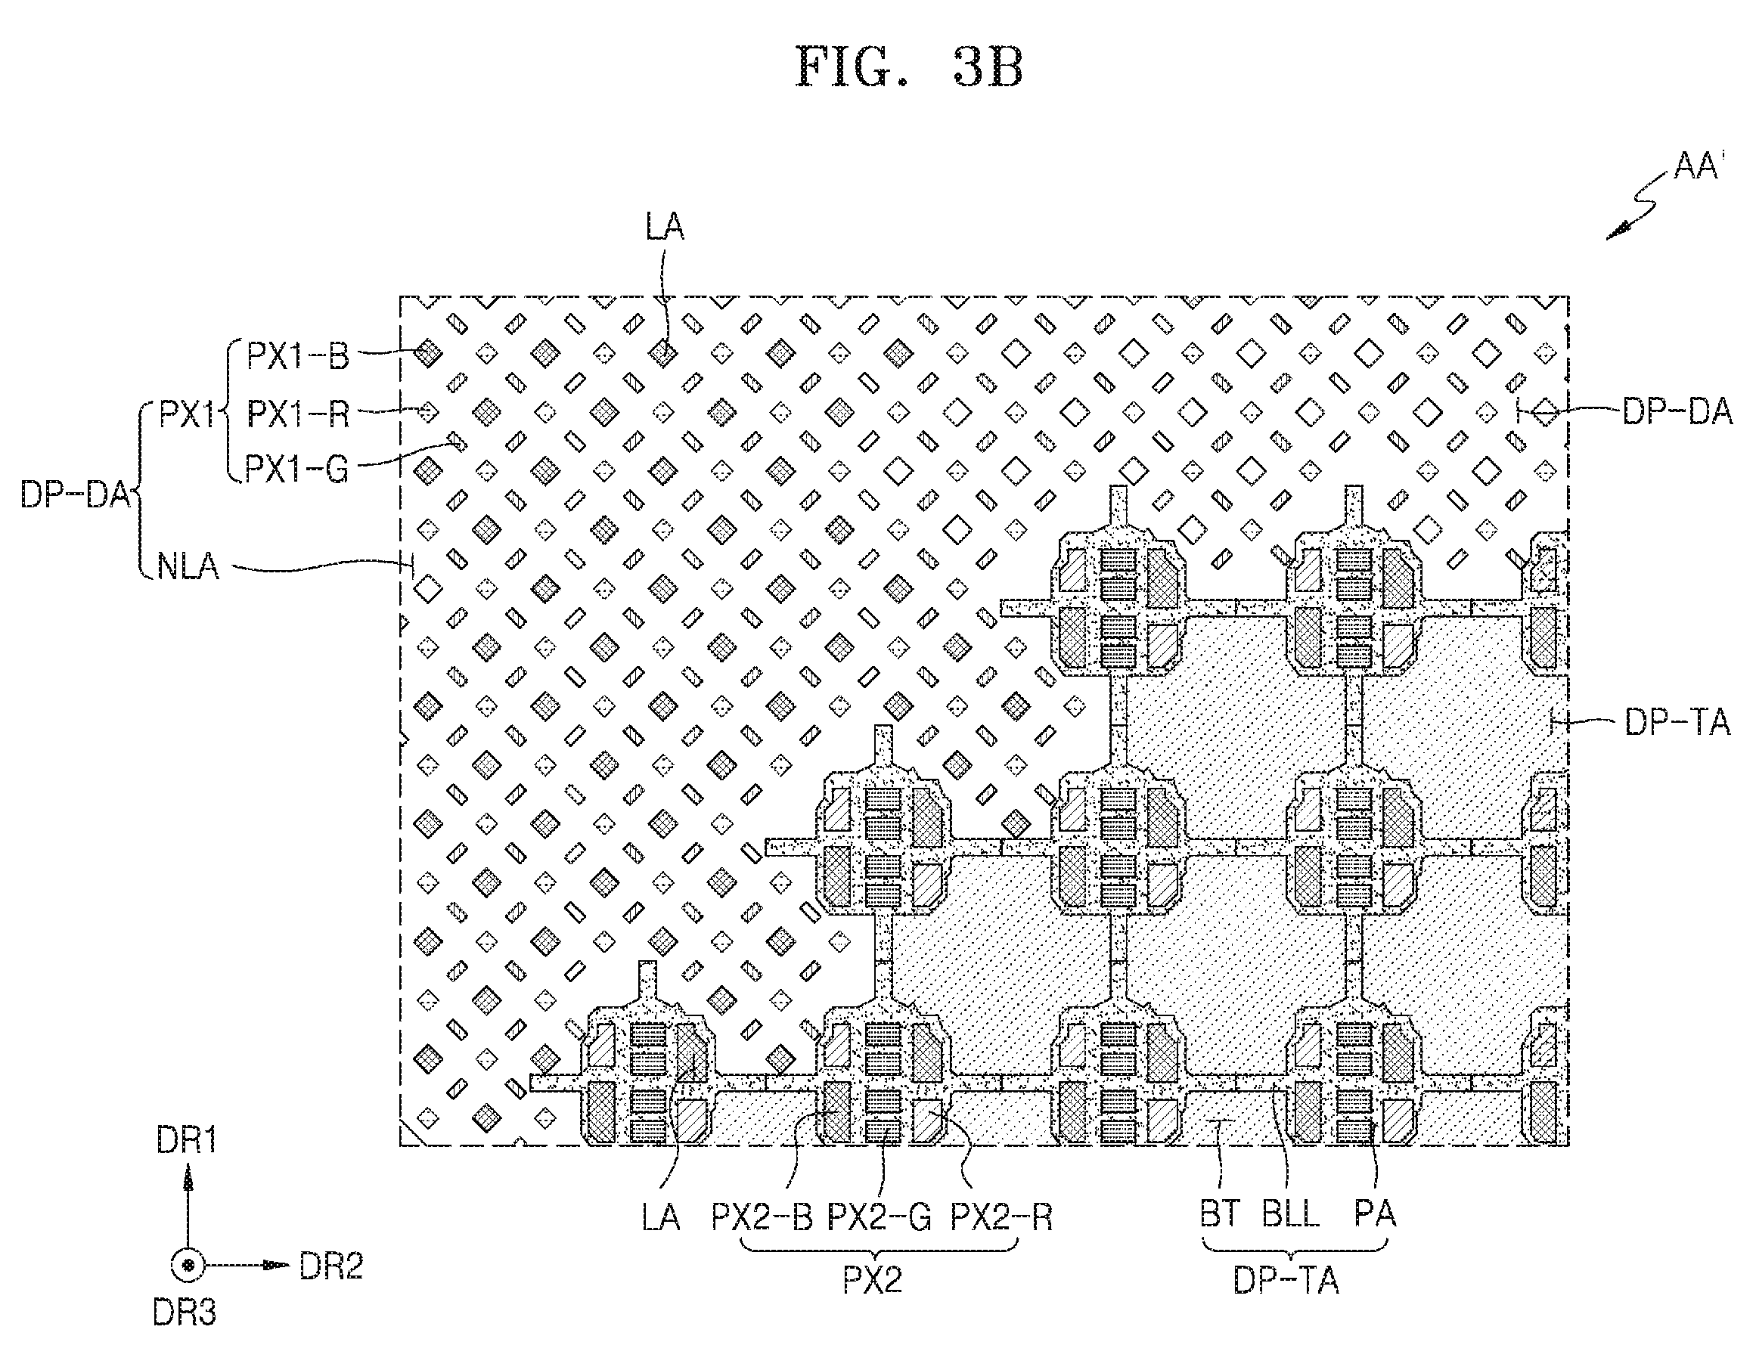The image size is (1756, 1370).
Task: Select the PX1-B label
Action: (x=297, y=355)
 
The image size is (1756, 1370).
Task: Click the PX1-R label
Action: (x=297, y=414)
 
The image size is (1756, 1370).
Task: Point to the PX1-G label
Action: (x=296, y=469)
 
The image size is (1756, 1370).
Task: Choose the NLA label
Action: (x=188, y=566)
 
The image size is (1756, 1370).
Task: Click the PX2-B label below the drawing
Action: (x=762, y=1217)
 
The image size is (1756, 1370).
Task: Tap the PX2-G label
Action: (x=880, y=1217)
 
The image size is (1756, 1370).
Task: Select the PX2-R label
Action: (x=1001, y=1217)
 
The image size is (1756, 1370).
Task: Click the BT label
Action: (x=1221, y=1213)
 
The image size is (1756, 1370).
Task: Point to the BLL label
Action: (x=1291, y=1213)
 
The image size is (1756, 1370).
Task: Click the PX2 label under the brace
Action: (x=873, y=1280)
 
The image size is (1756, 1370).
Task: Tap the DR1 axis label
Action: (x=188, y=1141)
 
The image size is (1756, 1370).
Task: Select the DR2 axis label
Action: (x=331, y=1266)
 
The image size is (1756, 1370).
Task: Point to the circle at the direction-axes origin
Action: (x=188, y=1266)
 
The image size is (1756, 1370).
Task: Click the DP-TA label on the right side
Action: (x=1677, y=722)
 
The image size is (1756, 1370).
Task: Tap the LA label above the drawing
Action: (x=665, y=227)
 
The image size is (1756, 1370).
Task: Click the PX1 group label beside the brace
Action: (x=187, y=414)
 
